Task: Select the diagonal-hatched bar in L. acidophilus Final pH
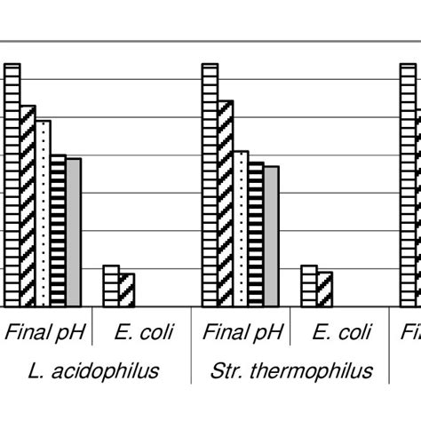pos(28,206)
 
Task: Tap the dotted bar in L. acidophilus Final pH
pos(43,213)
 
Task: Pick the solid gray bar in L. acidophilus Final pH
pos(74,232)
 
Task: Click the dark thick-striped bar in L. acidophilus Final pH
pos(58,230)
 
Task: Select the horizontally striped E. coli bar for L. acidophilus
pos(111,285)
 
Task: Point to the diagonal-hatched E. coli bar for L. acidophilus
pos(126,290)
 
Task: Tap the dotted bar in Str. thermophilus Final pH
pos(240,228)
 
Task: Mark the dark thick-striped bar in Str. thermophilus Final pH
pos(256,234)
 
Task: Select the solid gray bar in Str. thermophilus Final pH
pos(271,235)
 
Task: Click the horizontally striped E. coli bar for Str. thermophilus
pos(308,285)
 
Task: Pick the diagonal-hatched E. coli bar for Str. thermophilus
pos(324,289)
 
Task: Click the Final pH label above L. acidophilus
pos(45,334)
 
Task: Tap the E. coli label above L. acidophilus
pos(144,334)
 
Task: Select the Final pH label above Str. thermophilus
pos(242,334)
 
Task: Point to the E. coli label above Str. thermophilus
pos(342,334)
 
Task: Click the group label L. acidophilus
pos(93,369)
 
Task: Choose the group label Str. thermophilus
pos(292,369)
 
